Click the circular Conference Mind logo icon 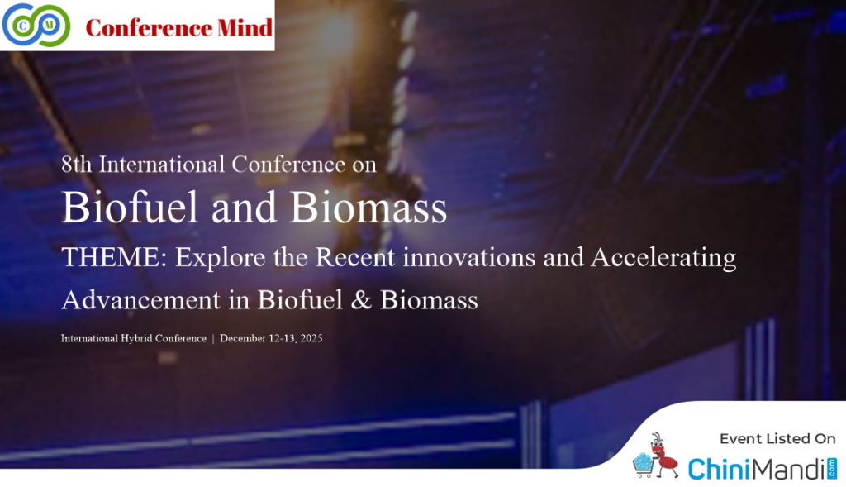[36, 25]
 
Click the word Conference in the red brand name [149, 28]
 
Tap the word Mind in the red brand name [245, 28]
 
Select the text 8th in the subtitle [76, 165]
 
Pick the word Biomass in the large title [369, 208]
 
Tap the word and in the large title [244, 208]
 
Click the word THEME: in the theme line [114, 257]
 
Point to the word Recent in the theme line [355, 257]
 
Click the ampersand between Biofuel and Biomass [362, 300]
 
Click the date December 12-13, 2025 [271, 338]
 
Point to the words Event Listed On [777, 439]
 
